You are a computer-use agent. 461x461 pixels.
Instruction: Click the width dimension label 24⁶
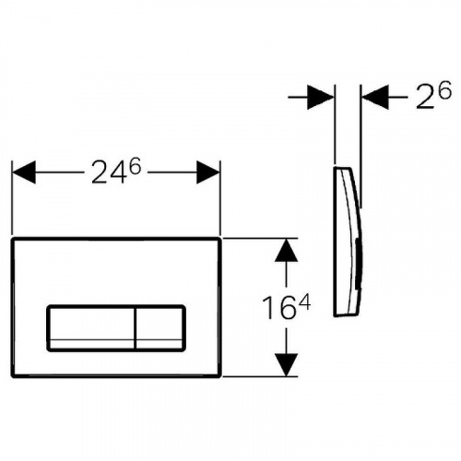pos(116,172)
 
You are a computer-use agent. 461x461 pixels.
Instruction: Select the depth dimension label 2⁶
pos(433,95)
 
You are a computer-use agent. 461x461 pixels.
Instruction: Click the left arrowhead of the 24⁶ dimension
pos(24,172)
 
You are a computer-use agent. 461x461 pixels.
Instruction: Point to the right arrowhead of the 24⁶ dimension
pos(208,172)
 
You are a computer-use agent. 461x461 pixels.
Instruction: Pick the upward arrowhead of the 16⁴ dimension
pos(286,250)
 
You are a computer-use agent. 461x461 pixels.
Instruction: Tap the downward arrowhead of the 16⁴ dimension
pos(286,364)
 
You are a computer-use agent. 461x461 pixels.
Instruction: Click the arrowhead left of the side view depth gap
pos(321,98)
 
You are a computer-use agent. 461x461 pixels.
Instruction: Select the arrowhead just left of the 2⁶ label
pos(375,98)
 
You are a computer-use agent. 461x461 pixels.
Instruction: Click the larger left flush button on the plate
pos(91,328)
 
